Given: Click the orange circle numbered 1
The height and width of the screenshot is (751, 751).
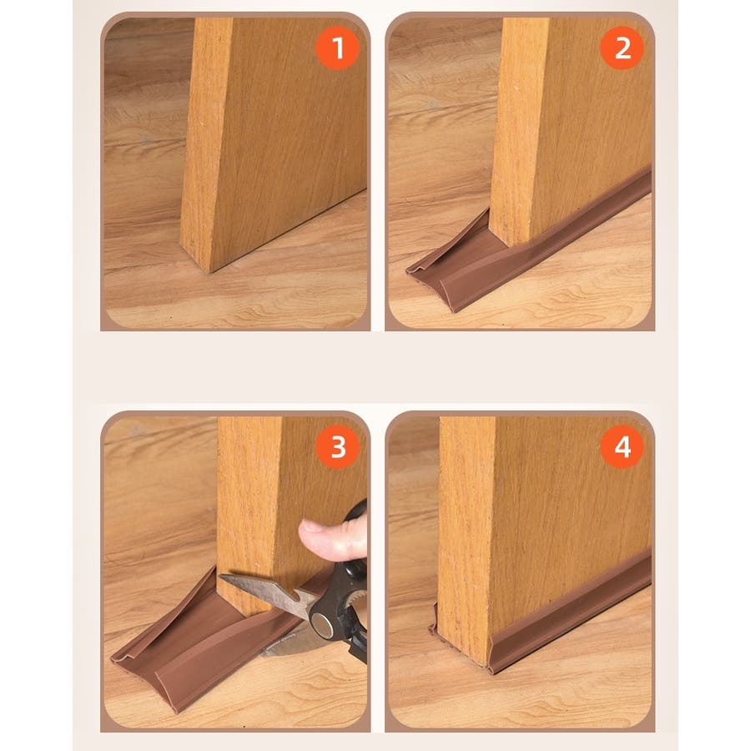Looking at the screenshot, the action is point(338,48).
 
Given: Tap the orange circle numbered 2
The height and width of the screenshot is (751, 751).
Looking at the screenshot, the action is point(622,48).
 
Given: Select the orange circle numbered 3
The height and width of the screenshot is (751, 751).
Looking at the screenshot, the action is point(338,447).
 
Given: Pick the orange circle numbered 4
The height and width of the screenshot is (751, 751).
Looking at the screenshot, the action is point(622,447).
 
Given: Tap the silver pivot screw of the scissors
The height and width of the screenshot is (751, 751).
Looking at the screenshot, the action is point(322,627).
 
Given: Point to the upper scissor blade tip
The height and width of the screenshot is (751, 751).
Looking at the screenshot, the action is point(220,578).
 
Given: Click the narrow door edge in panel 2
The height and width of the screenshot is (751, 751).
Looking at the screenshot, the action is point(517,129).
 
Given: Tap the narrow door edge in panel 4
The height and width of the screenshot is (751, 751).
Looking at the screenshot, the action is point(466,537).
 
